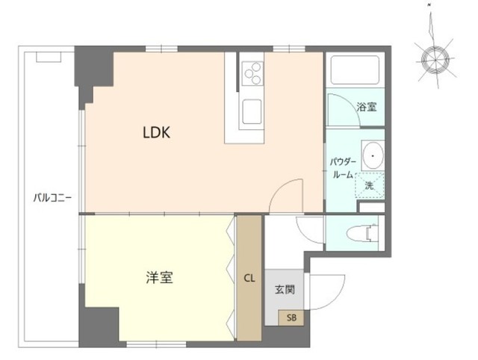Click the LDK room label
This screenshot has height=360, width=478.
click(x=158, y=133)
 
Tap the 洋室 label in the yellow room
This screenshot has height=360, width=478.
click(x=159, y=278)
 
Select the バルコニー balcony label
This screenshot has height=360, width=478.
click(x=52, y=198)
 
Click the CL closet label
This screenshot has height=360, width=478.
click(x=249, y=278)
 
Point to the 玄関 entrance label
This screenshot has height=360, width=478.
click(x=284, y=290)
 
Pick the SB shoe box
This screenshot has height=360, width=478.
click(x=291, y=318)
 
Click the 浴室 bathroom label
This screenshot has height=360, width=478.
click(x=366, y=107)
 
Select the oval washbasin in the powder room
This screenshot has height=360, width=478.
click(x=371, y=155)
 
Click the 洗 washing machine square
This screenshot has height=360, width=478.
click(x=370, y=184)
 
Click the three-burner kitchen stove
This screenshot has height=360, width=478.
click(x=252, y=72)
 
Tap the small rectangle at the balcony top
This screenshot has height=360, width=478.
click(x=48, y=57)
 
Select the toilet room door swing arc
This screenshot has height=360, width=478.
click(x=310, y=228)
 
